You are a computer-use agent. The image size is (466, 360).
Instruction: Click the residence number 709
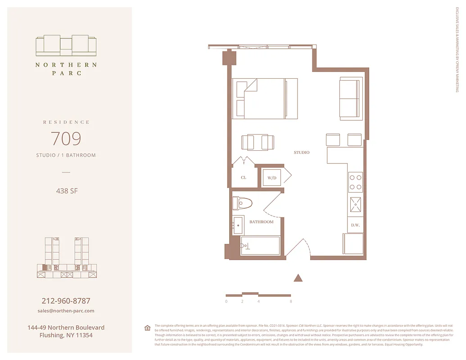click(x=66, y=138)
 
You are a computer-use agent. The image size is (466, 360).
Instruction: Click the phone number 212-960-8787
click(x=66, y=301)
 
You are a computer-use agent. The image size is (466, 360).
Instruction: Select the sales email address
click(x=66, y=311)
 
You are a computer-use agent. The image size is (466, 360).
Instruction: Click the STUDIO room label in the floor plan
click(x=302, y=153)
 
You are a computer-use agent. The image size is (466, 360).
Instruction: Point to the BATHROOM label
click(x=261, y=222)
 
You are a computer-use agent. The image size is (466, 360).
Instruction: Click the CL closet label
click(x=243, y=178)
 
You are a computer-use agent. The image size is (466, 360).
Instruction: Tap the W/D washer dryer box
click(x=272, y=178)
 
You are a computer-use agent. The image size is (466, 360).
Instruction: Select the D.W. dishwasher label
click(x=355, y=225)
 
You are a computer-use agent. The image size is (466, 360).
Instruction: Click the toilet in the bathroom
click(x=242, y=203)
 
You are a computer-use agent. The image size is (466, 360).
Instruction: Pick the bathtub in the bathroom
click(x=260, y=246)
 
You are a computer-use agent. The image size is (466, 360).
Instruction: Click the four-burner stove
click(x=356, y=182)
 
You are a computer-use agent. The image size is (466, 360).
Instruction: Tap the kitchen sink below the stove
click(x=356, y=205)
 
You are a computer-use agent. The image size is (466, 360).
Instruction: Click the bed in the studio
click(x=265, y=99)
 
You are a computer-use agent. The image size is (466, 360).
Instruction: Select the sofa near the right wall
click(x=350, y=99)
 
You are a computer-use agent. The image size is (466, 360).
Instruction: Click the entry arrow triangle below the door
click(x=298, y=278)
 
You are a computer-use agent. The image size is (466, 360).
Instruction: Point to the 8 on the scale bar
click(x=291, y=301)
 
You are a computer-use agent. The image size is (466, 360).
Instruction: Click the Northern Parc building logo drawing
click(x=66, y=45)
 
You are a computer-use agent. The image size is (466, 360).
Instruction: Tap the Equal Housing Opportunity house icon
click(x=147, y=328)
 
